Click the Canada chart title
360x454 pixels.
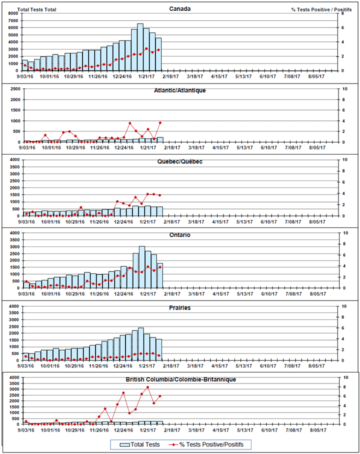179,8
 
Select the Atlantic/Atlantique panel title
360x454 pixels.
179,90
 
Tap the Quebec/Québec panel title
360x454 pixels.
179,162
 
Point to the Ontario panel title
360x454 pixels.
179,235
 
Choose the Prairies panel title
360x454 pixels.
179,308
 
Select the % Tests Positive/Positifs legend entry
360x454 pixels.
210,444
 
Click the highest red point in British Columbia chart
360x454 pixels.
147,387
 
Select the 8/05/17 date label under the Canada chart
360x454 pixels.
316,76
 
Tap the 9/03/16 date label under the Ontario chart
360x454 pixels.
26,293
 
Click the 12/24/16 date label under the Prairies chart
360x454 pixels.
122,366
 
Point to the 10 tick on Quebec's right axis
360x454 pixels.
343,159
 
